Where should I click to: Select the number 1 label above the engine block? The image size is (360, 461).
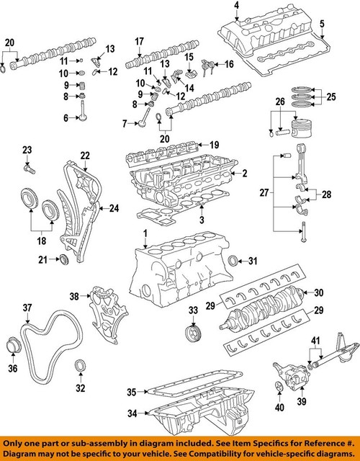(145, 233)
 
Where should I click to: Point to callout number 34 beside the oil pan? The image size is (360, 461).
(132, 413)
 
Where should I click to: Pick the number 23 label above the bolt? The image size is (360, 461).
(27, 149)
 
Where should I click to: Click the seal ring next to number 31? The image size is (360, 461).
(233, 260)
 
